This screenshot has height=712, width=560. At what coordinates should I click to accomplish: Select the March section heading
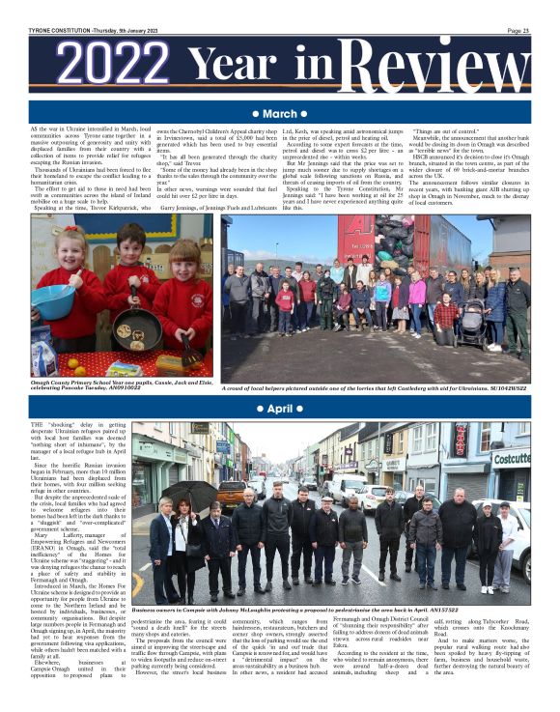(x=280, y=114)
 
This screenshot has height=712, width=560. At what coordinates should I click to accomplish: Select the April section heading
(x=280, y=409)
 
